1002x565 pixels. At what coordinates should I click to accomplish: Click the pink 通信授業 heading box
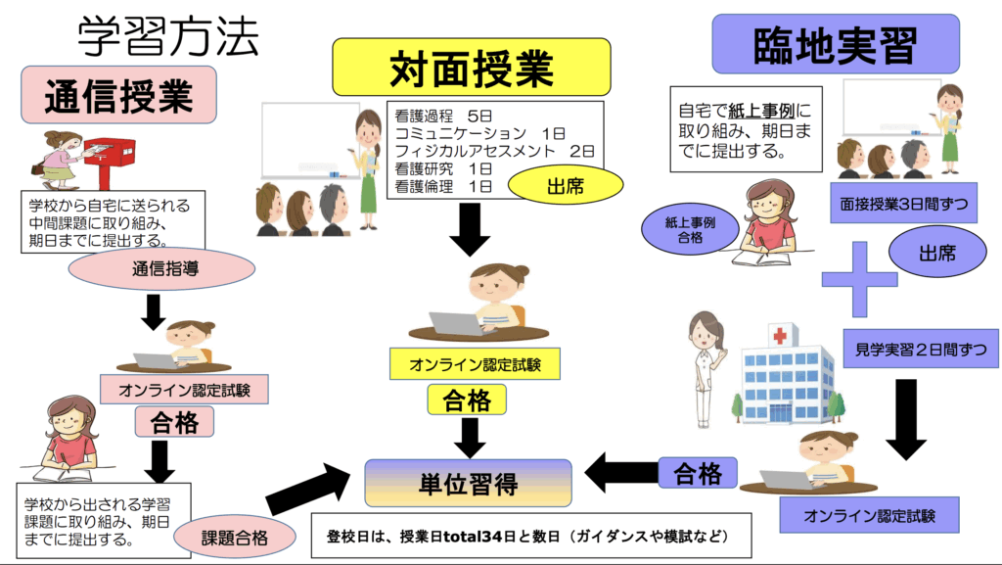click(x=118, y=96)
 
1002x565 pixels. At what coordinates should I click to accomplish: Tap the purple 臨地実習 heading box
click(x=821, y=44)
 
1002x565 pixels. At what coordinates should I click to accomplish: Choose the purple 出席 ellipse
click(x=935, y=253)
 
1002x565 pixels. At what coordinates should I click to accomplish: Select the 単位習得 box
click(x=468, y=483)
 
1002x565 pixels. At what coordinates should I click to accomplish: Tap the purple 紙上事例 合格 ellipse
click(x=690, y=230)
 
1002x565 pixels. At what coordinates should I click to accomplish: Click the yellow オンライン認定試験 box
click(x=476, y=364)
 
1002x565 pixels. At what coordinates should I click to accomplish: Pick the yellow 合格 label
click(x=467, y=400)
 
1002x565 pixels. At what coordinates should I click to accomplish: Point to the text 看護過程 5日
click(x=448, y=116)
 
